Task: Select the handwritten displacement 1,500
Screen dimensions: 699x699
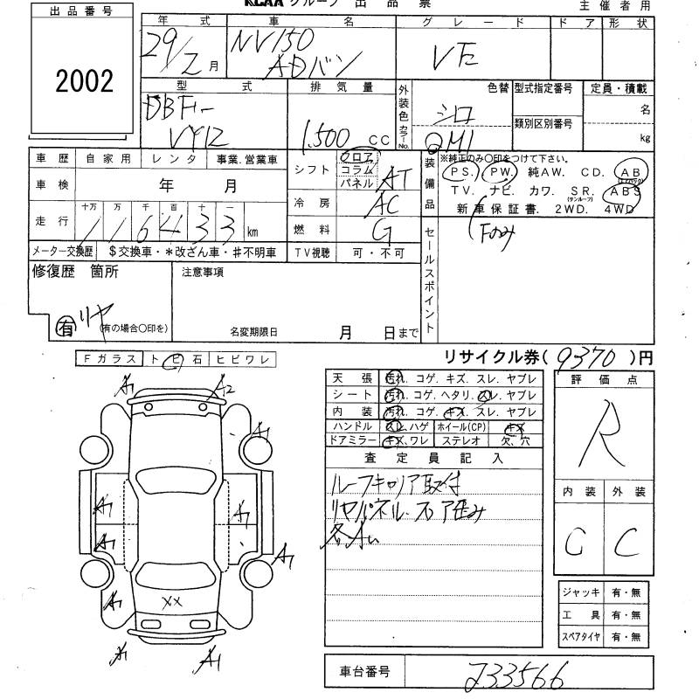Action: (329, 137)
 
